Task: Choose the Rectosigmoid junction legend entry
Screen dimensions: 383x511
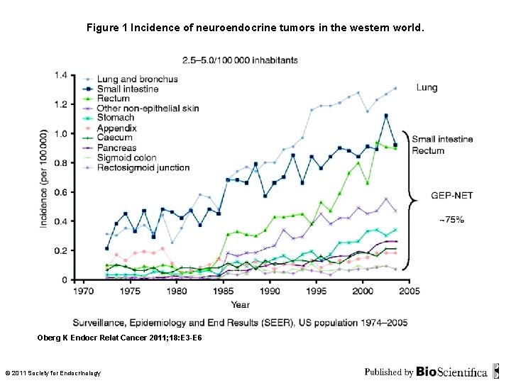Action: coord(143,167)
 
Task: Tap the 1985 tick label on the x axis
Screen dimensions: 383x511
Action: coord(223,291)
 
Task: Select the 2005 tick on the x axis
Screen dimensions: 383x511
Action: coord(409,291)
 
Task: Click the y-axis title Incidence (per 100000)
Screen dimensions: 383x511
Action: coord(44,177)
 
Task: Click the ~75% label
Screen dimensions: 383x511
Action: coord(451,221)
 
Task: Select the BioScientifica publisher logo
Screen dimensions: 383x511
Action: coord(451,372)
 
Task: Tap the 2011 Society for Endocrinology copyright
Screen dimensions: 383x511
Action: coord(53,373)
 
